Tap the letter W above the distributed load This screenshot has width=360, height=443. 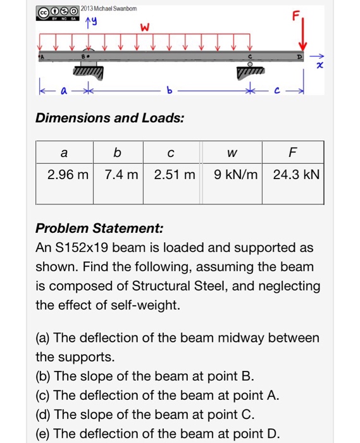tap(145, 28)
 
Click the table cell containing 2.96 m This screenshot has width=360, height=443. tap(65, 174)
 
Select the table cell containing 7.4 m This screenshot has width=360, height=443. tap(118, 174)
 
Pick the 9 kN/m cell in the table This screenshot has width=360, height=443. tap(233, 174)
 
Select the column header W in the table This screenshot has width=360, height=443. tap(233, 153)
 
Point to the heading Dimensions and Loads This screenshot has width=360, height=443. tap(110, 118)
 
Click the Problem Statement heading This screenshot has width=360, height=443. tap(99, 228)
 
